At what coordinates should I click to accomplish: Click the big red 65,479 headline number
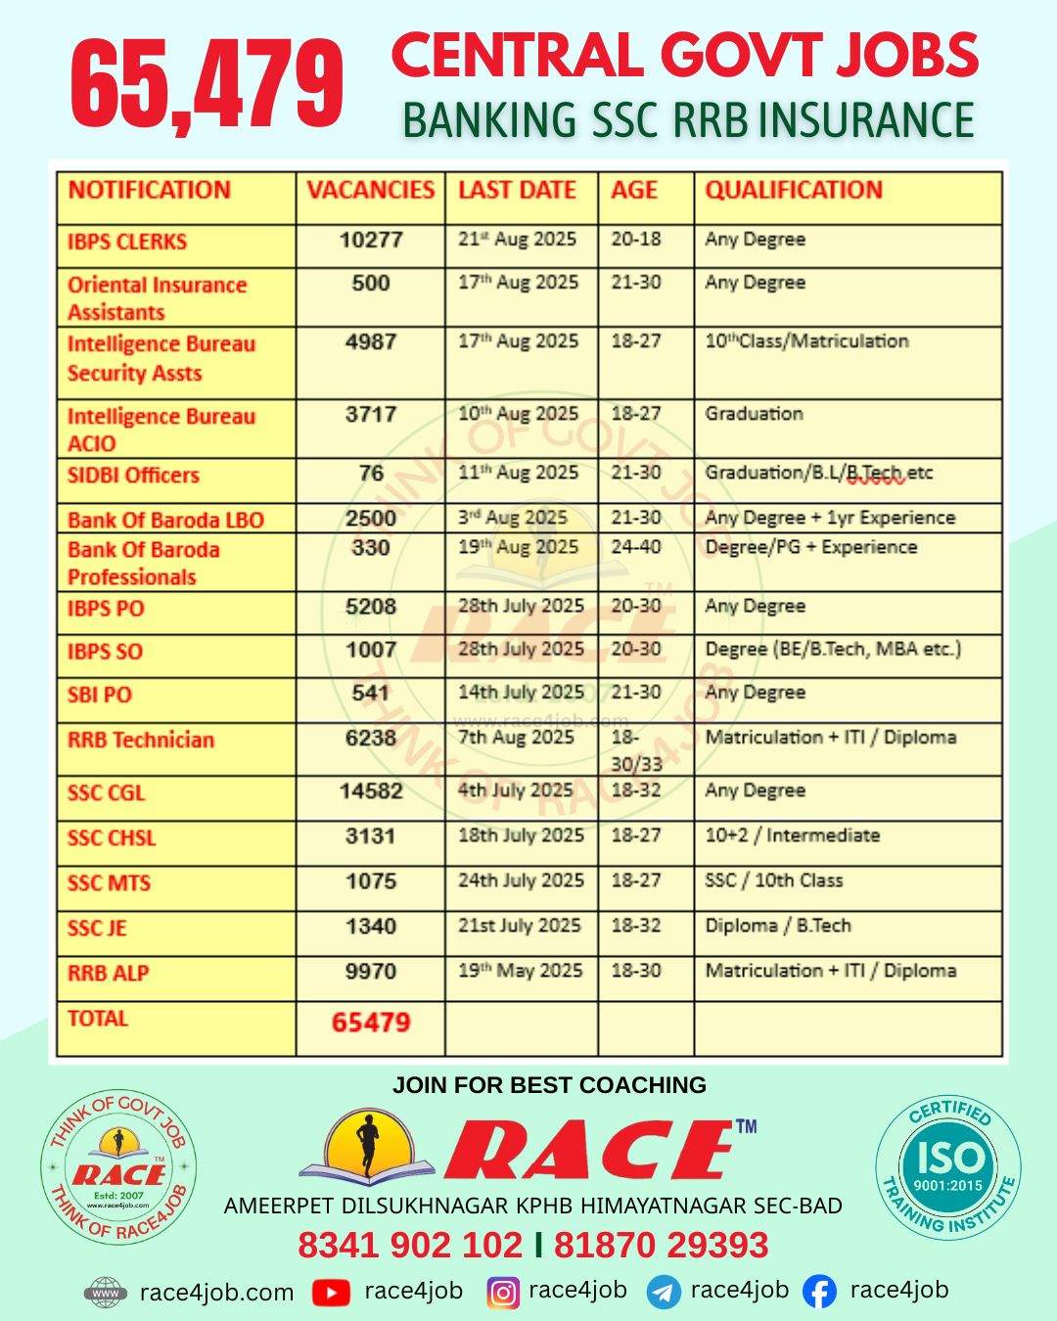tap(207, 84)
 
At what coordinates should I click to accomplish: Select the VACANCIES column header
tap(370, 191)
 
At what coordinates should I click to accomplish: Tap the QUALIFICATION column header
tap(794, 191)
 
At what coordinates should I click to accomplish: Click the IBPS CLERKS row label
tap(127, 242)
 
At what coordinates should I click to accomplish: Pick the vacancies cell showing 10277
tap(371, 241)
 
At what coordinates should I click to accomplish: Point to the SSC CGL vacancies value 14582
tap(371, 791)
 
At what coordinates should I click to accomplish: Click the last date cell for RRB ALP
tap(520, 971)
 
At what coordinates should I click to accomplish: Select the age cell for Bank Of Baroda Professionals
tap(635, 547)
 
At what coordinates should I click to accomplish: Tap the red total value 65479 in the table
tap(371, 1023)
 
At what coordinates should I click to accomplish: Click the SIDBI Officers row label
tap(133, 476)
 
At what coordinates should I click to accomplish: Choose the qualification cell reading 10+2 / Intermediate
tap(792, 836)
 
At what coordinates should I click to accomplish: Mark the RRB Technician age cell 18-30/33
tap(636, 751)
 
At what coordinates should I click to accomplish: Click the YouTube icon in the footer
tap(331, 1293)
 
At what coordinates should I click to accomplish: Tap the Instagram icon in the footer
tap(503, 1293)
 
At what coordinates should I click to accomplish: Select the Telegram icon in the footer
tap(664, 1293)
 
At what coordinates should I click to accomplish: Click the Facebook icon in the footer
tap(819, 1293)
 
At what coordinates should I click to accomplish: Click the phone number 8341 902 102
tap(410, 1246)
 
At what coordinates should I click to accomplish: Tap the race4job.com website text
tap(216, 1293)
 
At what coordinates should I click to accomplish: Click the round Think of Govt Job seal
tap(118, 1168)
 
